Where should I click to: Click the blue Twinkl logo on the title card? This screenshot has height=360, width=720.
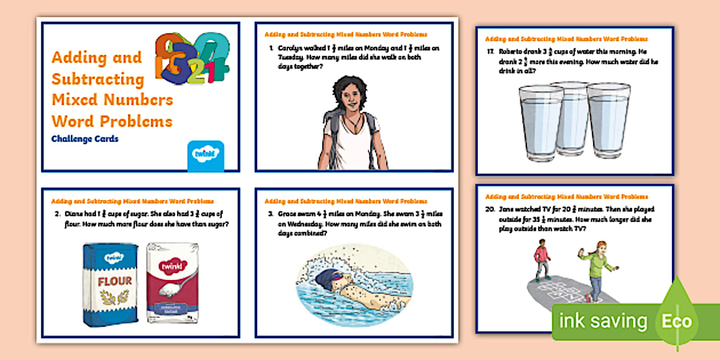(x=206, y=155)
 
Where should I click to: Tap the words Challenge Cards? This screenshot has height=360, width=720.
(x=85, y=139)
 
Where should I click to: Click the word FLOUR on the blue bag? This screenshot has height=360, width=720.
(x=114, y=281)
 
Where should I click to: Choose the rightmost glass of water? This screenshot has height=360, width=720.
(x=609, y=121)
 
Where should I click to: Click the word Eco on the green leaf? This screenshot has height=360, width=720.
(x=677, y=321)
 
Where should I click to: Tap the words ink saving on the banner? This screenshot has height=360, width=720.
(x=603, y=321)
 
